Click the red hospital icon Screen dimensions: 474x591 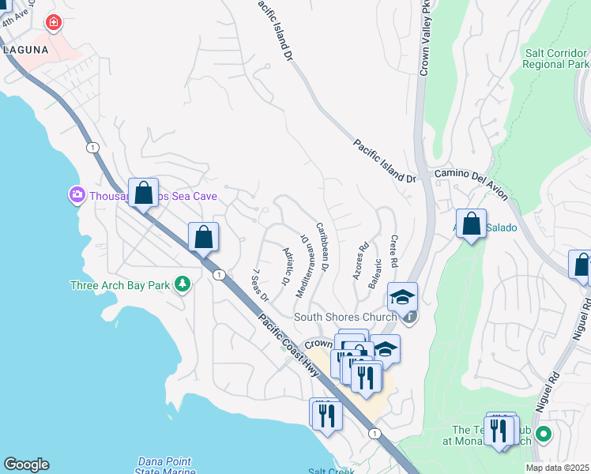click(x=54, y=23)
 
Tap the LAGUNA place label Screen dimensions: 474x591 click(x=25, y=49)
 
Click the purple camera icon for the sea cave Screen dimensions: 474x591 click(x=77, y=194)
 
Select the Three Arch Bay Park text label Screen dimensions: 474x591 click(x=120, y=285)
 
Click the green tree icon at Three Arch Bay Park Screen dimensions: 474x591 click(x=183, y=284)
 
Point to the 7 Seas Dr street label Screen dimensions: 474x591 click(x=260, y=286)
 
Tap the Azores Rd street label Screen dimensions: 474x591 click(x=362, y=261)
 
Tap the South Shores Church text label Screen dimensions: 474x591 click(x=344, y=318)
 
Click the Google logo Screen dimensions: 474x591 click(x=26, y=465)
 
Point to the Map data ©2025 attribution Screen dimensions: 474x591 click(x=557, y=468)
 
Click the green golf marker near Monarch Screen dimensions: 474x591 click(x=543, y=434)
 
